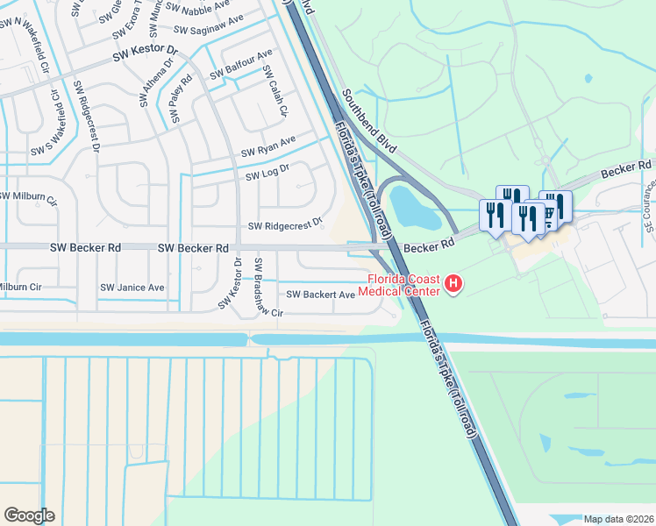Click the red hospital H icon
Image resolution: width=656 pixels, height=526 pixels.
pyautogui.click(x=453, y=283)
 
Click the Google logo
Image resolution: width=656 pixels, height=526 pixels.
pyautogui.click(x=29, y=515)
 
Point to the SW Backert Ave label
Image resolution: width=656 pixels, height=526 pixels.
pyautogui.click(x=320, y=295)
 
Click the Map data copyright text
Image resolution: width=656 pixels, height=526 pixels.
pyautogui.click(x=618, y=519)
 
